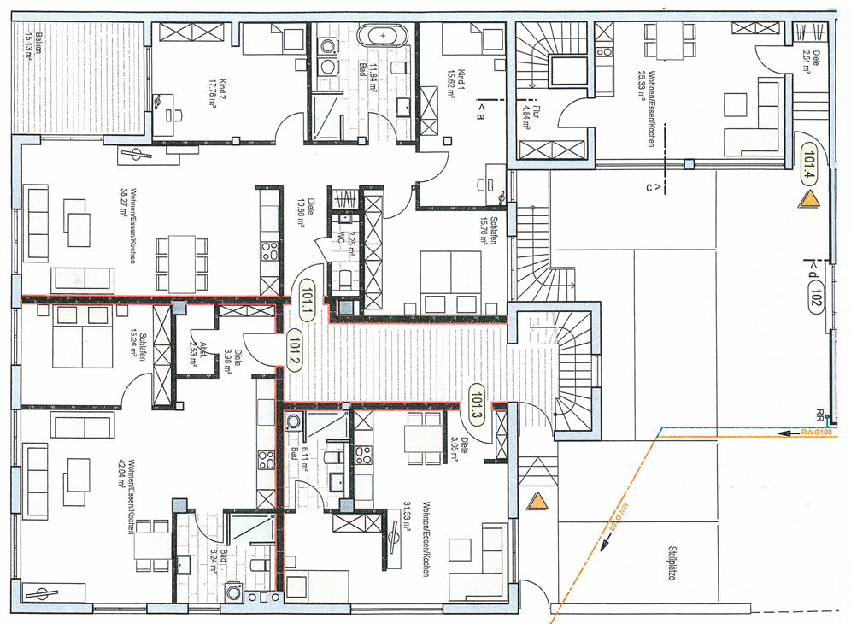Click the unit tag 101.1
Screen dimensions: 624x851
click(306, 303)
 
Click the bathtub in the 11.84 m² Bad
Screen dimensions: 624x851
click(383, 37)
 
